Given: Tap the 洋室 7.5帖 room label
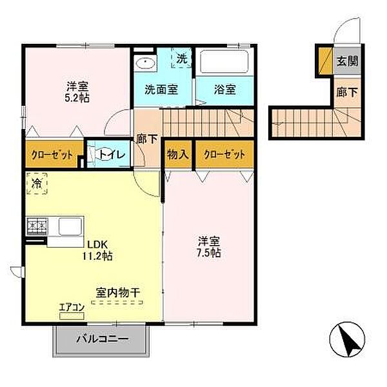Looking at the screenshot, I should tap(210, 247).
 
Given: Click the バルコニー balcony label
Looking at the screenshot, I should tap(103, 339).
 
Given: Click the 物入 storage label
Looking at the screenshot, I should tap(177, 154).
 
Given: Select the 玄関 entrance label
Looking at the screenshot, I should tap(346, 63).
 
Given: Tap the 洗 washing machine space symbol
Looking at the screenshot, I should tap(181, 58).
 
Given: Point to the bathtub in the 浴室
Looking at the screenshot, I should tap(223, 63).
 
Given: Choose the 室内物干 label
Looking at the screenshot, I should tap(118, 293).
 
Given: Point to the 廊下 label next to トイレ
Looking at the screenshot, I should tap(146, 138).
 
